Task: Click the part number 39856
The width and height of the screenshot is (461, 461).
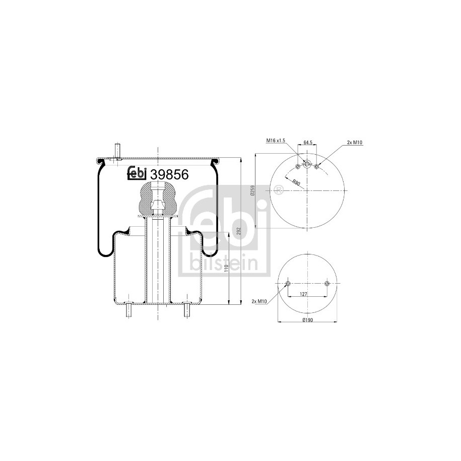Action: [x=169, y=175]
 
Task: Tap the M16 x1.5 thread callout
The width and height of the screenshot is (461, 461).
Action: [x=276, y=141]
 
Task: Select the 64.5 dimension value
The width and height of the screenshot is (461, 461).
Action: [x=307, y=142]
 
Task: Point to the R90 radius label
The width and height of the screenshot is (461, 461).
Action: [x=296, y=183]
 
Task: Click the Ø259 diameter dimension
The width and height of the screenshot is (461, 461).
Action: [x=252, y=190]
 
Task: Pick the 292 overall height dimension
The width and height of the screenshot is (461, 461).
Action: [x=238, y=232]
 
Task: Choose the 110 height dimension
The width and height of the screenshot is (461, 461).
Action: [x=226, y=269]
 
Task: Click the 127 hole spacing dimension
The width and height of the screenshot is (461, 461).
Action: [x=303, y=294]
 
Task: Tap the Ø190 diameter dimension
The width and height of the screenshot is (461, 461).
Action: [x=307, y=320]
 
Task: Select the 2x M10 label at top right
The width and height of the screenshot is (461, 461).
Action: [x=355, y=142]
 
